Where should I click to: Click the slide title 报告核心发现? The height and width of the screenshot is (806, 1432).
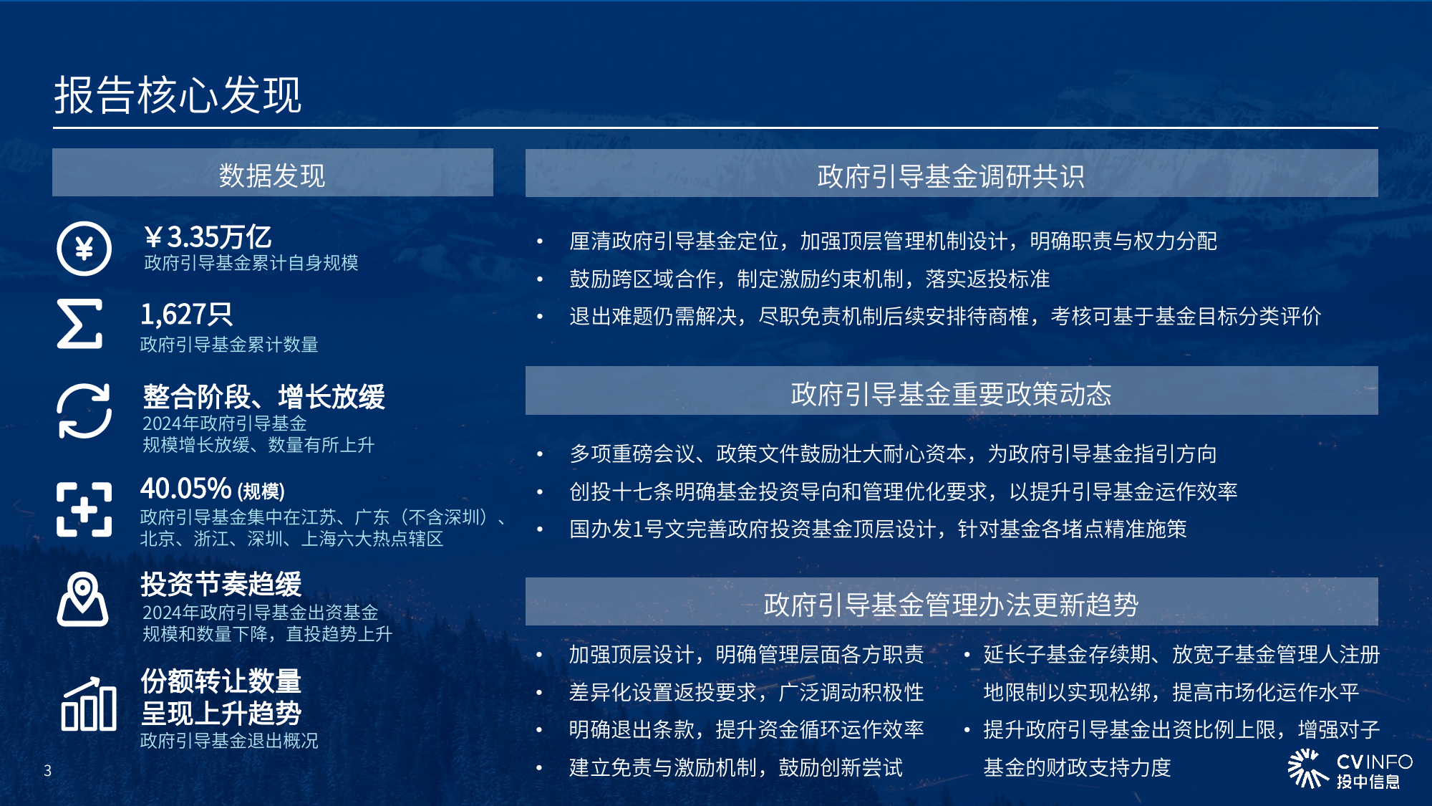click(x=178, y=95)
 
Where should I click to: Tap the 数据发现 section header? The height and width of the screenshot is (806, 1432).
click(x=272, y=175)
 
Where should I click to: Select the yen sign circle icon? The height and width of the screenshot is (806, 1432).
click(x=84, y=249)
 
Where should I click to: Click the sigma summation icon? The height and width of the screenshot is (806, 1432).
click(x=79, y=324)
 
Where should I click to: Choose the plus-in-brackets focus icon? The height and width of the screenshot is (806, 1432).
click(x=84, y=509)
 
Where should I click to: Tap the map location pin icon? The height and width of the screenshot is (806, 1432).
click(x=83, y=599)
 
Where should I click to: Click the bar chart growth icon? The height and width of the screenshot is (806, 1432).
click(x=89, y=704)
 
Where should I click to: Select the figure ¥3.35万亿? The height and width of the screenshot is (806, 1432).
click(x=208, y=237)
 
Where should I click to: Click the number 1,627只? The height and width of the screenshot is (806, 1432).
click(x=186, y=315)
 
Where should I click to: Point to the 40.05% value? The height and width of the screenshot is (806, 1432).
click(x=186, y=489)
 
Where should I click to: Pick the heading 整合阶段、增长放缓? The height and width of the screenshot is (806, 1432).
click(x=263, y=396)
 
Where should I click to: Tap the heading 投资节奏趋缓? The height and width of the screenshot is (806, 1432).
click(x=221, y=584)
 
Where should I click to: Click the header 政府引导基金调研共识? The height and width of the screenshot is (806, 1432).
click(x=951, y=176)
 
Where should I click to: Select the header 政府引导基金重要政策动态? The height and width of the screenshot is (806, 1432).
click(x=951, y=393)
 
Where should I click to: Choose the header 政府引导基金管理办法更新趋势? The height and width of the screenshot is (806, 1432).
click(x=951, y=604)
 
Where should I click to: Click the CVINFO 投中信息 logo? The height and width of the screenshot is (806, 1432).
click(x=1350, y=769)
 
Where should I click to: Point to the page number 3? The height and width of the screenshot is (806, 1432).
click(x=48, y=771)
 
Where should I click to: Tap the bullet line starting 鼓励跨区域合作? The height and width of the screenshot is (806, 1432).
click(x=809, y=279)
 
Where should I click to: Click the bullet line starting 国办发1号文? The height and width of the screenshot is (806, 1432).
click(x=878, y=529)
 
